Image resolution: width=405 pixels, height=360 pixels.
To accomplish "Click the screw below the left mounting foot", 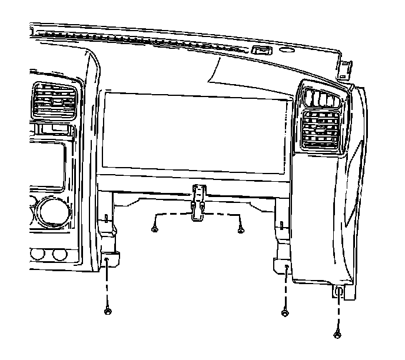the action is pyautogui.click(x=107, y=311).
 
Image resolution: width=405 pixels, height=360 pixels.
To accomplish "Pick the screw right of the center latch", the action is pyautogui.click(x=240, y=230).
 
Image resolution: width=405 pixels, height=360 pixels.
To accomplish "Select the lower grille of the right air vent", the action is pyautogui.click(x=321, y=129).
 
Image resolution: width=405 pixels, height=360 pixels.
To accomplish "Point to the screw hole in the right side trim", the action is pyautogui.click(x=341, y=290).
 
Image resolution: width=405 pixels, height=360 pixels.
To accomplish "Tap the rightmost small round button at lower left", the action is pyautogui.click(x=58, y=255).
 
